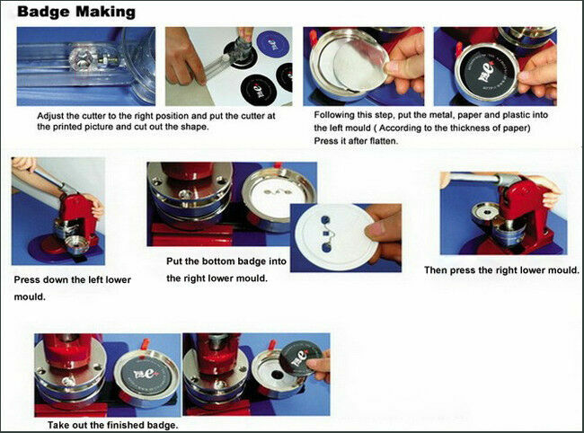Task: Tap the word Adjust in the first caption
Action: [x=52, y=116]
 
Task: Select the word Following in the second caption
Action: [x=340, y=116]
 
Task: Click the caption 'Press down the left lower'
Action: [x=72, y=280]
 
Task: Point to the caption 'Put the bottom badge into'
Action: [x=226, y=261]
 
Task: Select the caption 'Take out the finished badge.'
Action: [x=112, y=424]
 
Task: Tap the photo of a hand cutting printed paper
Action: [x=230, y=66]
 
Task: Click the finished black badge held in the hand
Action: [x=297, y=364]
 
